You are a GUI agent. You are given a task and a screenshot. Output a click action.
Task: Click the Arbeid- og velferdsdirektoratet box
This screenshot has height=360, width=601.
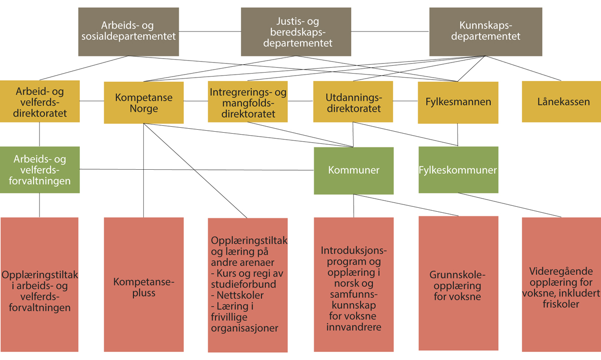coord(40,102)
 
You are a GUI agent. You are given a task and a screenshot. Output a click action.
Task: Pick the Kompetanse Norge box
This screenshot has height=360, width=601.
coord(144,102)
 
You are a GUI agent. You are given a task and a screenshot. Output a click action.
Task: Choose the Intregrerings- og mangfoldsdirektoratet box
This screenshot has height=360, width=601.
coord(248,102)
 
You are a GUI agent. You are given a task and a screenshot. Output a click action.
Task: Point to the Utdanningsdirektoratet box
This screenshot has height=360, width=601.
coord(353,102)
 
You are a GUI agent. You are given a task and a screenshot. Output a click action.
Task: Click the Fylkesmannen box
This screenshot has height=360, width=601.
coord(458,102)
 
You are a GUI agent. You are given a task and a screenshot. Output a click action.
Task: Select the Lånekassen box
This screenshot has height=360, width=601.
coord(561,102)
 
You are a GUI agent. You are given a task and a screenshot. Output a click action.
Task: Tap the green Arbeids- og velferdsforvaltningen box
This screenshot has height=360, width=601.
coord(40,170)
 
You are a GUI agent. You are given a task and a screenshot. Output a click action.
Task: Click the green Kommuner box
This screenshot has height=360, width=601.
coord(354,170)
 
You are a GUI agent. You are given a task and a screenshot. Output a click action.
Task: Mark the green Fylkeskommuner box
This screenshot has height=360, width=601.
coord(458,170)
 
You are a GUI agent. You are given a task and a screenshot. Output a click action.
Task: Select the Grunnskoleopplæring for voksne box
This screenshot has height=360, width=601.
coord(458,285)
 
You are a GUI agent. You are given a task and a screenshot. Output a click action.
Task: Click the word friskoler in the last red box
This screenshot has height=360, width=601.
coord(561,304)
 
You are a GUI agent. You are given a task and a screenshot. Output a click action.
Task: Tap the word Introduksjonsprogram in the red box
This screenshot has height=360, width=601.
coord(354,255)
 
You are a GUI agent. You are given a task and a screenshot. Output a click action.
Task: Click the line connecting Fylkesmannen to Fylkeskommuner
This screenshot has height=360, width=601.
coord(458,135)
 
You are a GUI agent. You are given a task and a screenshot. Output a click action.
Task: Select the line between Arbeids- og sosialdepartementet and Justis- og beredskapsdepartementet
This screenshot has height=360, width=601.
coord(210,32)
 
